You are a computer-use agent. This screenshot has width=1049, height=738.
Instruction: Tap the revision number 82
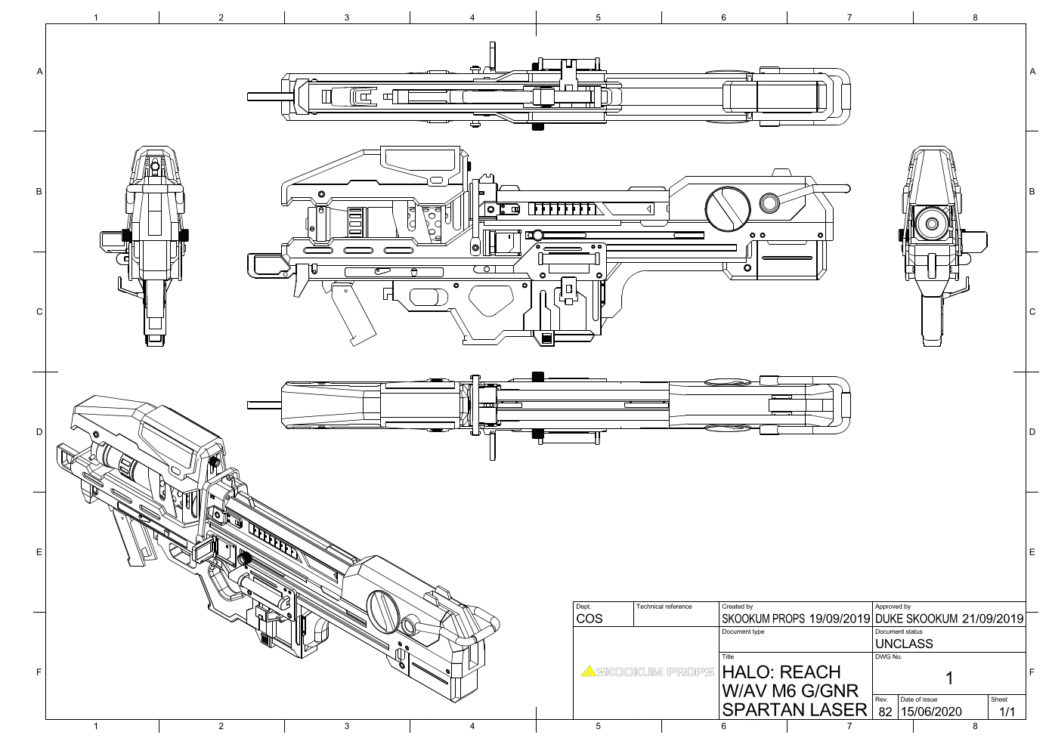coord(884,712)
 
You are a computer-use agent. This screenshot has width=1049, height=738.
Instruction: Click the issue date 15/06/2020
coord(930,712)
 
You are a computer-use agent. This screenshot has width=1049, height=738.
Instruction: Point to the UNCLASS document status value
coord(904,644)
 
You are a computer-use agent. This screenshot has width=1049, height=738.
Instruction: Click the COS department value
coord(589,619)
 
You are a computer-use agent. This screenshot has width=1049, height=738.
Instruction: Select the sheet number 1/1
coord(1005,712)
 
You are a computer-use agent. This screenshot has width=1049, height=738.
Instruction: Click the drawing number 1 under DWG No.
coord(949,678)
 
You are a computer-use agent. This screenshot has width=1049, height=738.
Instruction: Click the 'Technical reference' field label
coord(664,607)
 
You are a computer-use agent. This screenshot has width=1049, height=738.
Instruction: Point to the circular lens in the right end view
coord(932,223)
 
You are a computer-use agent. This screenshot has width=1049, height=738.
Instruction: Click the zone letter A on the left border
coord(39,72)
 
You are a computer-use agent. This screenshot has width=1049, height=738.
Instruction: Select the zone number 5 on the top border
coord(598,17)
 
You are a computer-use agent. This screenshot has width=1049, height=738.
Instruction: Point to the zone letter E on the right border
coord(1032,552)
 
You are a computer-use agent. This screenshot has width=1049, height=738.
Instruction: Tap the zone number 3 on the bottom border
coord(346,727)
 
